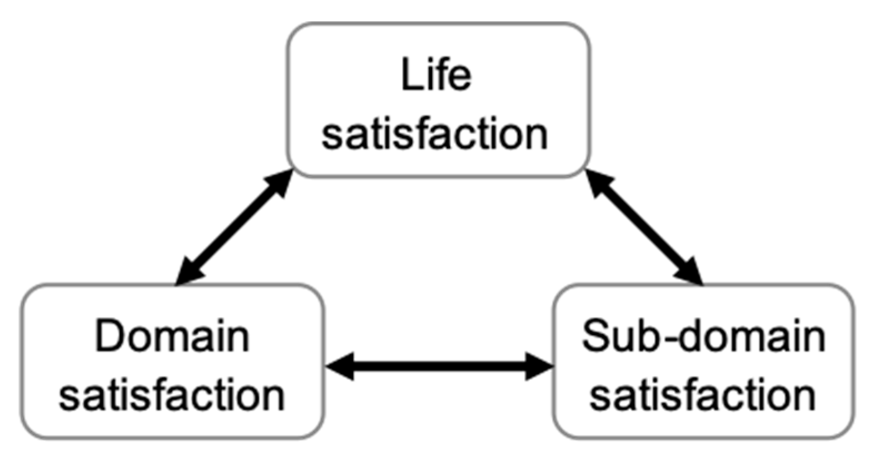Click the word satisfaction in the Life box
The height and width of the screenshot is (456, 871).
point(435,134)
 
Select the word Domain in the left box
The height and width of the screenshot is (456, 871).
point(172,336)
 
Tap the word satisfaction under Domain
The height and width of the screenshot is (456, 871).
point(172,395)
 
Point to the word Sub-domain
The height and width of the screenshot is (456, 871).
point(703,336)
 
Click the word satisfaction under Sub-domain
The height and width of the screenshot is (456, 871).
point(703,395)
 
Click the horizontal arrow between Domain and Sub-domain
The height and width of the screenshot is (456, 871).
point(439,366)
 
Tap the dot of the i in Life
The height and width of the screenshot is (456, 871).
point(427,62)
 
